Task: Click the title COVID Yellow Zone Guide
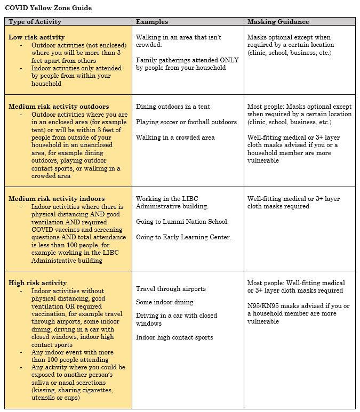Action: coord(48,8)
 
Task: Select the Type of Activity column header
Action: coord(35,22)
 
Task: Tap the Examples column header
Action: coord(152,22)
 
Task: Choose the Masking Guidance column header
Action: coord(278,22)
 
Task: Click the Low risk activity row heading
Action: coord(36,37)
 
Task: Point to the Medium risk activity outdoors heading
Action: coord(59,107)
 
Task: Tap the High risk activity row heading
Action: coord(38,283)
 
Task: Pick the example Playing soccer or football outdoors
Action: coord(186,122)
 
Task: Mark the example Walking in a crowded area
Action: coord(175,138)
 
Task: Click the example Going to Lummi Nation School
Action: coord(182,222)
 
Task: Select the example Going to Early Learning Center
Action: coord(183,237)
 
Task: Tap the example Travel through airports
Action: coord(171,289)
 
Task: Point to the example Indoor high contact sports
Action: coord(174,337)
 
